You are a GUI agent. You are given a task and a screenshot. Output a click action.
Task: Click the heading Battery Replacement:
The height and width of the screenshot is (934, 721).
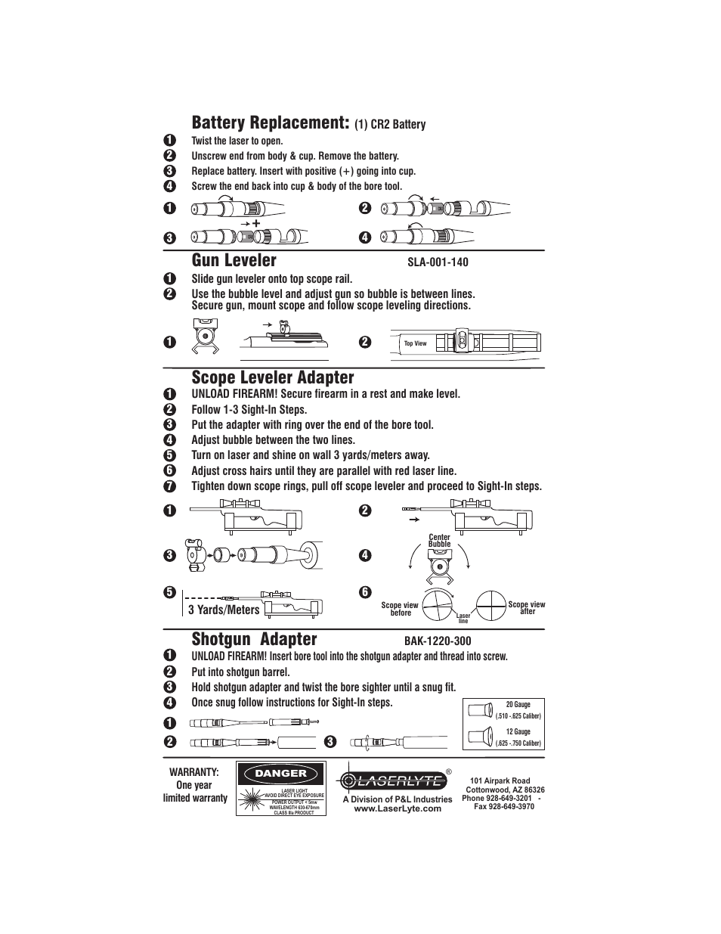pyautogui.click(x=271, y=123)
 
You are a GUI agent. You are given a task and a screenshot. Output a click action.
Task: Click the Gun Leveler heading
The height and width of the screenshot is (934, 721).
pyautogui.click(x=234, y=260)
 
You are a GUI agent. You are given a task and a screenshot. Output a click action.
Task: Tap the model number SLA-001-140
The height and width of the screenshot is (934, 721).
pyautogui.click(x=438, y=262)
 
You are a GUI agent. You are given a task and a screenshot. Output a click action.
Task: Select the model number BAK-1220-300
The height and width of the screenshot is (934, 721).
pyautogui.click(x=438, y=641)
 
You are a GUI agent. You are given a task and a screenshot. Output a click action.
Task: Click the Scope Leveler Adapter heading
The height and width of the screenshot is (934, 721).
pyautogui.click(x=273, y=377)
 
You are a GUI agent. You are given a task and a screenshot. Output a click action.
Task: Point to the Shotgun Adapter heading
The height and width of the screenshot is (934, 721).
pyautogui.click(x=255, y=638)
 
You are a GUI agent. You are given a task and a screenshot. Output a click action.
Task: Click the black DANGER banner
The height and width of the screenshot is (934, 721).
pyautogui.click(x=280, y=773)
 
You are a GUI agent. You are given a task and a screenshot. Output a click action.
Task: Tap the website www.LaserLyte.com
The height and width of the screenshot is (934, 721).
pyautogui.click(x=398, y=808)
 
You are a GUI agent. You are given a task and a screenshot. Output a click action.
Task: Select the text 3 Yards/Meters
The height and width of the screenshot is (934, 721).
pyautogui.click(x=224, y=610)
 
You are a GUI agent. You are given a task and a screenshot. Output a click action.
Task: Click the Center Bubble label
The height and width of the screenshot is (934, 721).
pyautogui.click(x=439, y=541)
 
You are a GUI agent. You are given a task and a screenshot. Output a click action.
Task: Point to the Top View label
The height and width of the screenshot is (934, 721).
pyautogui.click(x=415, y=343)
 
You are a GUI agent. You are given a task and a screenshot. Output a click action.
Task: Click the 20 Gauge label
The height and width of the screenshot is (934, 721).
pyautogui.click(x=518, y=704)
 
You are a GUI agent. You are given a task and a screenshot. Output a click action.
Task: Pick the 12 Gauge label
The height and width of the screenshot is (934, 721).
pyautogui.click(x=518, y=731)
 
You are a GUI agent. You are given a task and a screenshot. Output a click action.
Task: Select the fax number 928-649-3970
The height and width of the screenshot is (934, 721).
pyautogui.click(x=504, y=806)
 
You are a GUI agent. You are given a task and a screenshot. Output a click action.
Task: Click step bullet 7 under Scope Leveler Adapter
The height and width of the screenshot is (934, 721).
pyautogui.click(x=170, y=486)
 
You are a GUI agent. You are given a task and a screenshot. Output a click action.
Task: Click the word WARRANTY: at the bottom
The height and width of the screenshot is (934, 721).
pyautogui.click(x=194, y=771)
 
